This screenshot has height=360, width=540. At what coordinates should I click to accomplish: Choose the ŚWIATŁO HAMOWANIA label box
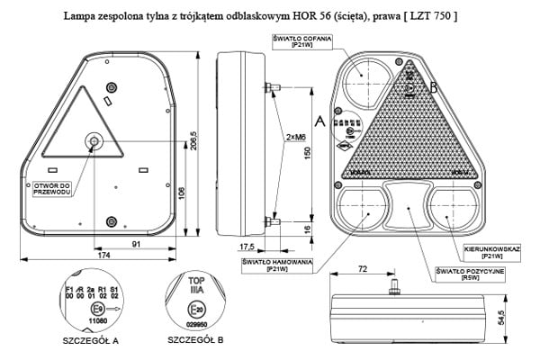coord(278,265)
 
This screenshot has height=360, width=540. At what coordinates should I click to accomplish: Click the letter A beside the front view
coord(321,120)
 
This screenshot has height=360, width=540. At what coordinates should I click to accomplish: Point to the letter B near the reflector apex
coord(433,87)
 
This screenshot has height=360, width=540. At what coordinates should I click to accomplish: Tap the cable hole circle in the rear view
coord(94,141)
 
